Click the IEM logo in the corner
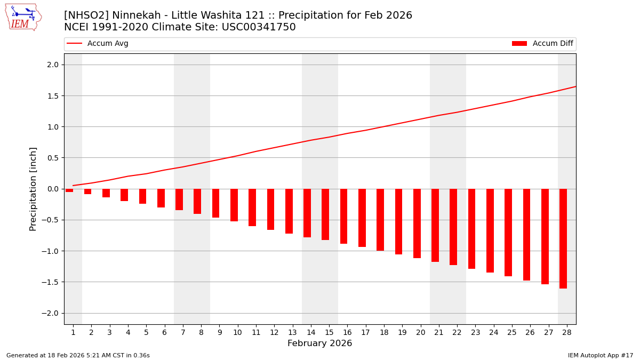pyautogui.click(x=23, y=17)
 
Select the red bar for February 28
pyautogui.click(x=563, y=238)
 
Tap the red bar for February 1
pyautogui.click(x=69, y=190)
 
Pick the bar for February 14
pyautogui.click(x=307, y=213)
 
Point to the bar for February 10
pyautogui.click(x=234, y=205)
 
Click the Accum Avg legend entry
pyautogui.click(x=98, y=44)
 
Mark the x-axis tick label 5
pyautogui.click(x=146, y=332)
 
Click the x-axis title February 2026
pyautogui.click(x=319, y=343)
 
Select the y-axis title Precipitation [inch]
pyautogui.click(x=33, y=189)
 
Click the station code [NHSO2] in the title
pyautogui.click(x=86, y=15)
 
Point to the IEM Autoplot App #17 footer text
pyautogui.click(x=600, y=355)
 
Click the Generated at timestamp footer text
pyautogui.click(x=78, y=355)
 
